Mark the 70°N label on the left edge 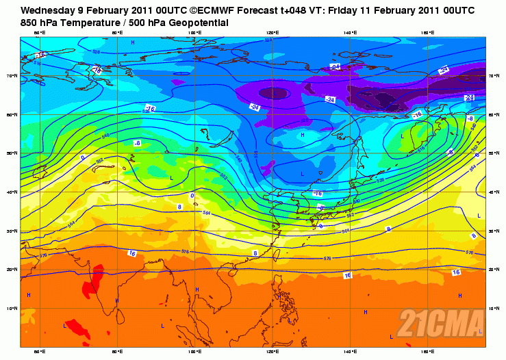coord(12,76)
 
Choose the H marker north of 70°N coord(132,43)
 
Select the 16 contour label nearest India coord(131,253)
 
